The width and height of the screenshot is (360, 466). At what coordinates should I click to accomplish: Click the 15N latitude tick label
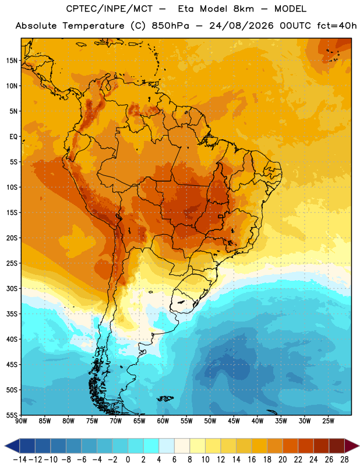click(12, 61)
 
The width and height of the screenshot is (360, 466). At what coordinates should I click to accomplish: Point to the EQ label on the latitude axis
click(13, 137)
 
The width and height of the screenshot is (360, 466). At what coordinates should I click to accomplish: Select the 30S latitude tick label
click(12, 288)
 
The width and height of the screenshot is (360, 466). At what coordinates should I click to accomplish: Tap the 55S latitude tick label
click(12, 415)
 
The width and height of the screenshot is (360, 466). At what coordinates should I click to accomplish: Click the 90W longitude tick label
click(22, 421)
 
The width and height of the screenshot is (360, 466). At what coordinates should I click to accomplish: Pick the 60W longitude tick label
click(163, 421)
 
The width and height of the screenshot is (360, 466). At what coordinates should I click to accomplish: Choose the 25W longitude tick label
click(328, 421)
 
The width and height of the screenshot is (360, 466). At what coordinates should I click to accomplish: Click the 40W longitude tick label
click(257, 421)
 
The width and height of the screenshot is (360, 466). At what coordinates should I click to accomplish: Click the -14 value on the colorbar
click(20, 460)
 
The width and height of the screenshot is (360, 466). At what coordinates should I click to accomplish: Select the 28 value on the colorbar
click(344, 460)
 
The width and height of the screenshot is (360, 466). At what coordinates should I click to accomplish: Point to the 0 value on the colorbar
click(128, 460)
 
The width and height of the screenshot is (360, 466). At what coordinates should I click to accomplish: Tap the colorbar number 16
click(252, 460)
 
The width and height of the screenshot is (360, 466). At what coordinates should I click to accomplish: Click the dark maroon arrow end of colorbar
click(351, 446)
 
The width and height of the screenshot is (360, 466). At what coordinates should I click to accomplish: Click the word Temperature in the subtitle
click(93, 26)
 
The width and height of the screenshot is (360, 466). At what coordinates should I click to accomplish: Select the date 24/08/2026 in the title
click(241, 26)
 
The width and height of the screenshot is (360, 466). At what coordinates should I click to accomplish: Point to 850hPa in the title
click(170, 26)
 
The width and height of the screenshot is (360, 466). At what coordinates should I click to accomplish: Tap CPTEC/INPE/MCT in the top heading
click(110, 9)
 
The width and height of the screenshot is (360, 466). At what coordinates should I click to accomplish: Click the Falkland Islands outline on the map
click(165, 398)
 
